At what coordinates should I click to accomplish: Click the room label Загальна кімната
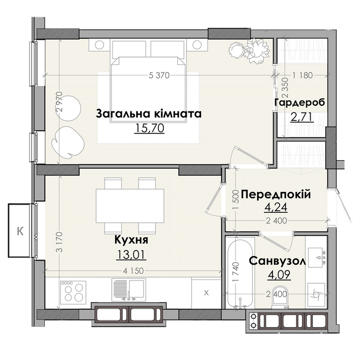click(148, 114)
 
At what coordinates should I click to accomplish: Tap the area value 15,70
click(150, 128)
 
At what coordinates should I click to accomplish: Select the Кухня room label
click(131, 240)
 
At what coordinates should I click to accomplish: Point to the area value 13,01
click(131, 255)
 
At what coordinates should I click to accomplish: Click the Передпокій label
click(276, 195)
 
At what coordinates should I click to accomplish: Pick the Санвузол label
click(277, 261)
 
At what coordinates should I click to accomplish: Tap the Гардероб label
click(300, 102)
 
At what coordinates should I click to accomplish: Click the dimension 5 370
click(159, 75)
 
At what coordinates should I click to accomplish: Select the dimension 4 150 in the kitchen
click(133, 271)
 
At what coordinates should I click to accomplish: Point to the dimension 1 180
click(302, 75)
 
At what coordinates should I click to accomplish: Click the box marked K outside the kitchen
click(19, 231)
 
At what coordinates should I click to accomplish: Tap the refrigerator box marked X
click(207, 293)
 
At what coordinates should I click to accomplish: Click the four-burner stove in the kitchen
click(73, 292)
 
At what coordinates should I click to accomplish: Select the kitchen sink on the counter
click(128, 290)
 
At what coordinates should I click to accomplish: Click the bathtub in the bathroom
click(240, 272)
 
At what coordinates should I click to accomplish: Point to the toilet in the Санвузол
click(280, 298)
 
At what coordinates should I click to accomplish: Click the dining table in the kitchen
click(130, 206)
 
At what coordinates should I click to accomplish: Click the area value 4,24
click(276, 207)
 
